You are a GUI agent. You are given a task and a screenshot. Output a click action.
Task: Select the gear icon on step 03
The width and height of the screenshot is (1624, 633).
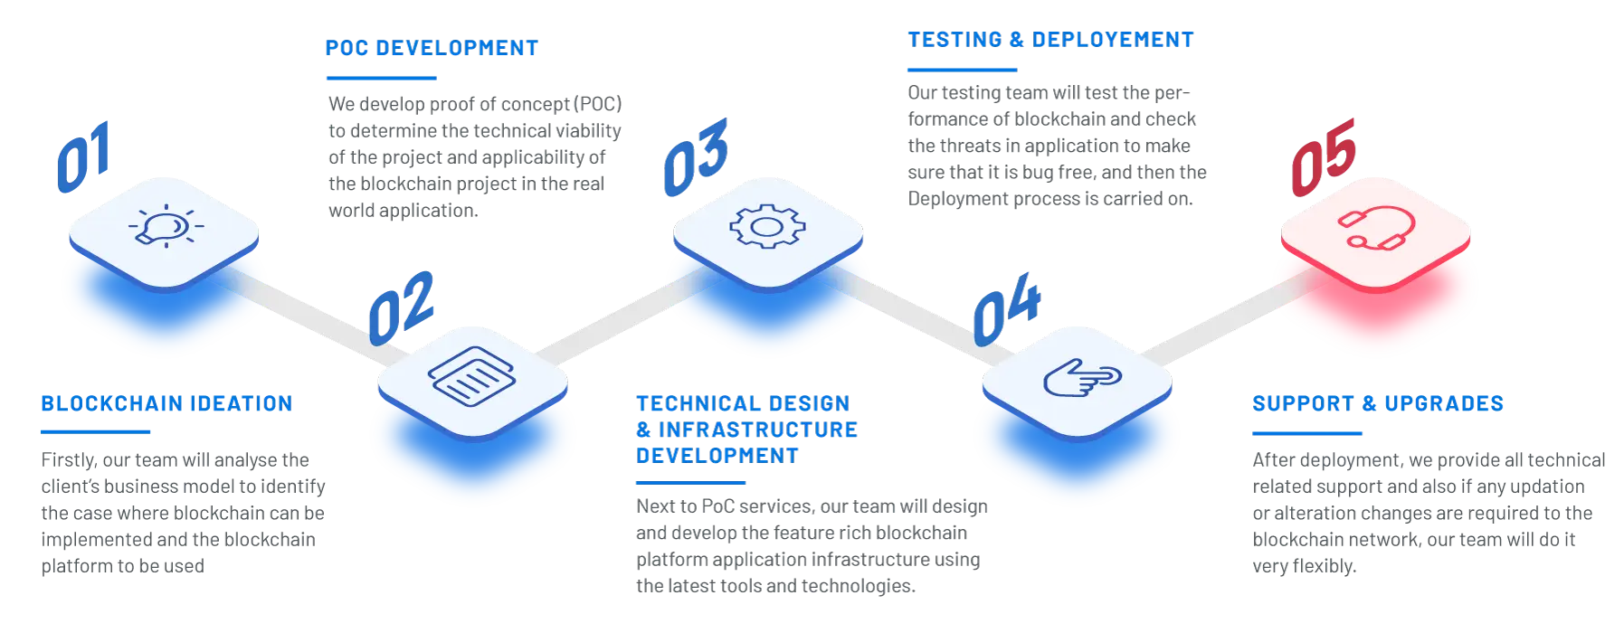(x=766, y=226)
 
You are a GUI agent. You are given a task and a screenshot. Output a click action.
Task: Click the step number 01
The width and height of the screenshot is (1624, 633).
(x=84, y=156)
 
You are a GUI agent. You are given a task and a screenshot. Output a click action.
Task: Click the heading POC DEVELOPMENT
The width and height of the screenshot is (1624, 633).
(x=432, y=48)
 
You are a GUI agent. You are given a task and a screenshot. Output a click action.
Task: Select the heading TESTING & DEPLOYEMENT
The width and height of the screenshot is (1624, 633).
(x=1049, y=40)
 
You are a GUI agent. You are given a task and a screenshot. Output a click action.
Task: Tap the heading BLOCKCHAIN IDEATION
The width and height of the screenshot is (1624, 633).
(x=166, y=403)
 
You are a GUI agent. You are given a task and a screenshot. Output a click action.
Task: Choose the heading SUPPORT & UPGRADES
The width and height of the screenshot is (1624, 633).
(x=1378, y=403)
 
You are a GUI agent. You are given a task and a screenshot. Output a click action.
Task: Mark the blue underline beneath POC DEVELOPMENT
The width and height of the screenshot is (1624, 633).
(x=382, y=79)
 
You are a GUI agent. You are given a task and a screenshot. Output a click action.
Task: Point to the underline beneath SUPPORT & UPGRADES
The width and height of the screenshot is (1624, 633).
(x=1307, y=434)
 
